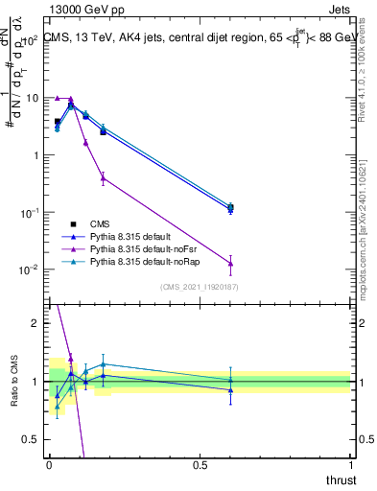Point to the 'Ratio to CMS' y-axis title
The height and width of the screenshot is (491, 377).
(13, 380)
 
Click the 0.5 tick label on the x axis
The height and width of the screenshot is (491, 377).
(200, 464)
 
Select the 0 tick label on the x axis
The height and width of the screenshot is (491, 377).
(49, 464)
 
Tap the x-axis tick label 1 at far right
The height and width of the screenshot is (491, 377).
(350, 464)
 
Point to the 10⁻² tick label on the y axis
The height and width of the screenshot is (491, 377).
(30, 269)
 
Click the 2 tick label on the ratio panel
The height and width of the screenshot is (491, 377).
(37, 323)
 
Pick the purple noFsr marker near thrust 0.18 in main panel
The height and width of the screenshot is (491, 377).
(103, 177)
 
